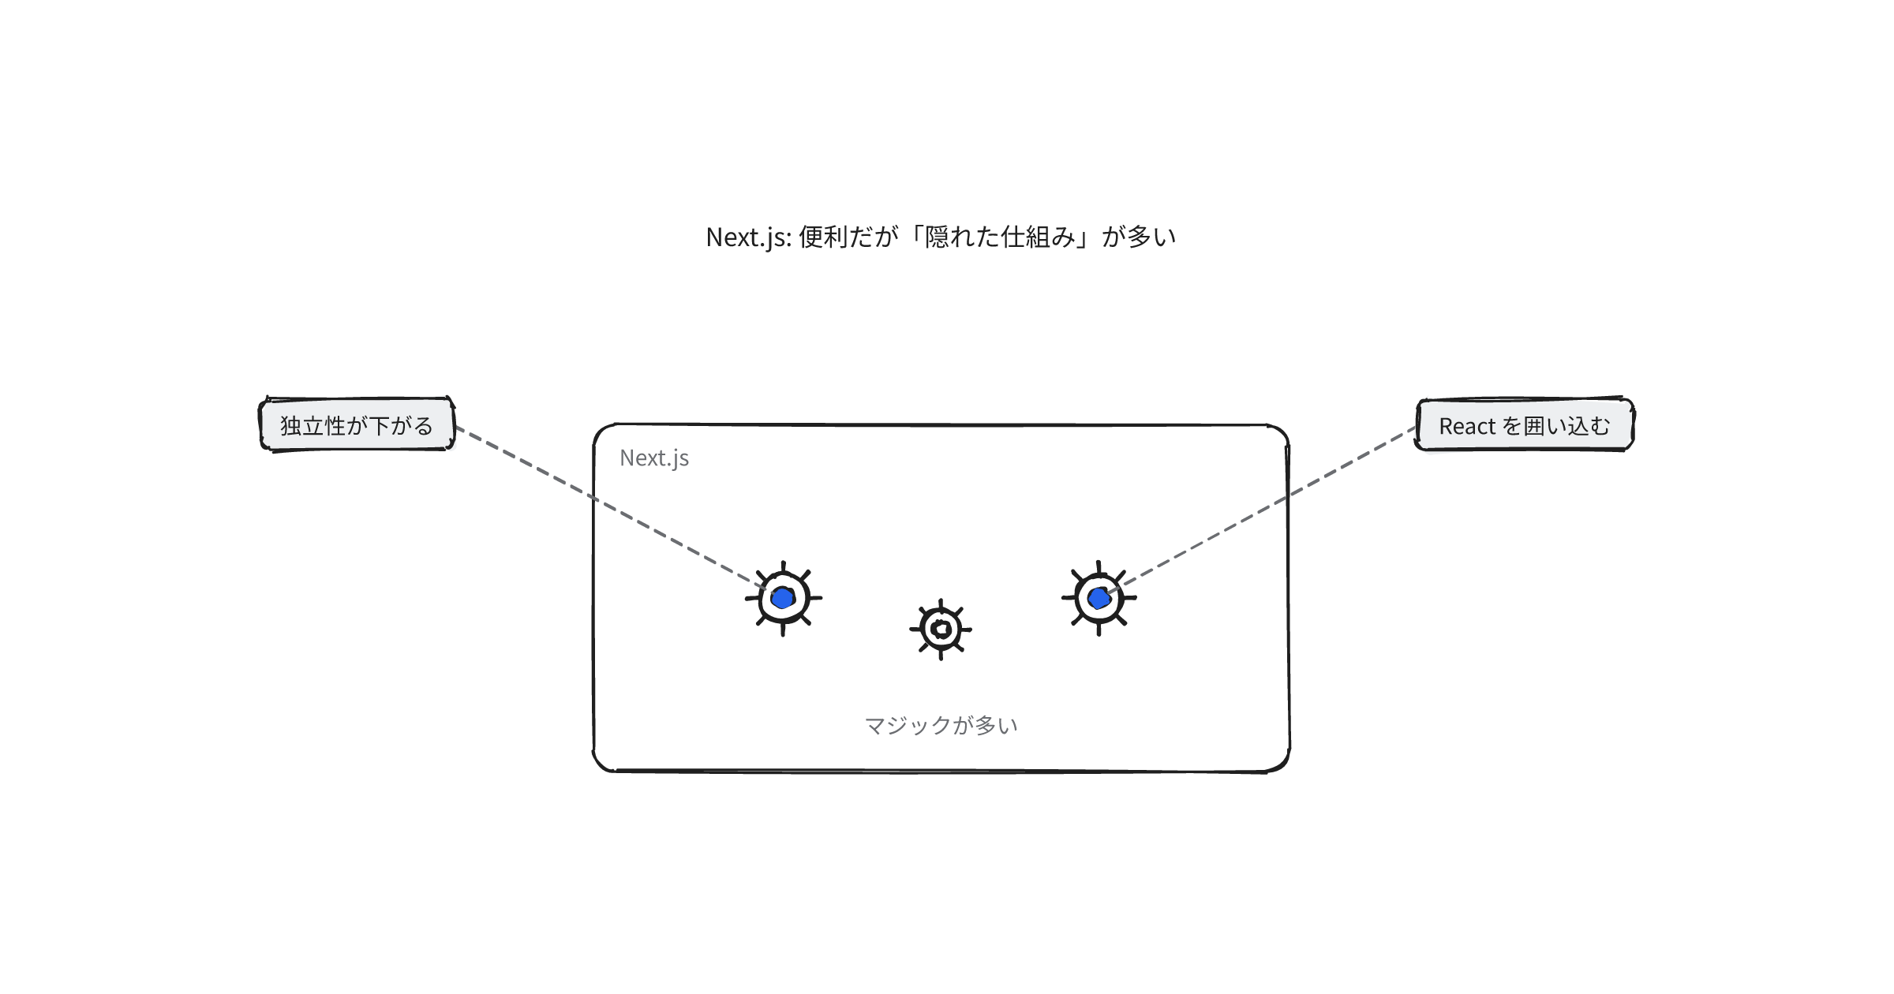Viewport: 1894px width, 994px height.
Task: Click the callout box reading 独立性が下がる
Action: (357, 424)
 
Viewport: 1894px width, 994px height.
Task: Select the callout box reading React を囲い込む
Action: (1524, 424)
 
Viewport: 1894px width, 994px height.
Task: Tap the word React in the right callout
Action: (1467, 427)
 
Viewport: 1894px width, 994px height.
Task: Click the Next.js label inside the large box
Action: (654, 458)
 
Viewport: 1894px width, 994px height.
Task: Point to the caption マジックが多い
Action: (941, 725)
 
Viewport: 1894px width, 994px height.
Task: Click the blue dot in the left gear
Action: (782, 598)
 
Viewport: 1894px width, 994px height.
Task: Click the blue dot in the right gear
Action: (1099, 599)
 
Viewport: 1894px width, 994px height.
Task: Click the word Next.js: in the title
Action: (749, 237)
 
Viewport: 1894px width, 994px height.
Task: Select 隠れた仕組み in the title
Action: (1000, 237)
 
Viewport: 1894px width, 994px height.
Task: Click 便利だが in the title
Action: (848, 237)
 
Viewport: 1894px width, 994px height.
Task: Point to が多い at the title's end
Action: (1139, 237)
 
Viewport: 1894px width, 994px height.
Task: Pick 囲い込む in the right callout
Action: (1566, 426)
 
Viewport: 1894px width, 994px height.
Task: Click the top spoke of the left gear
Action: (783, 569)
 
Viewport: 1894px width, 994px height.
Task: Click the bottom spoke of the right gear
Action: (1099, 627)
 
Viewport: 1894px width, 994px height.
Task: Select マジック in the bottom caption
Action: (908, 725)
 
